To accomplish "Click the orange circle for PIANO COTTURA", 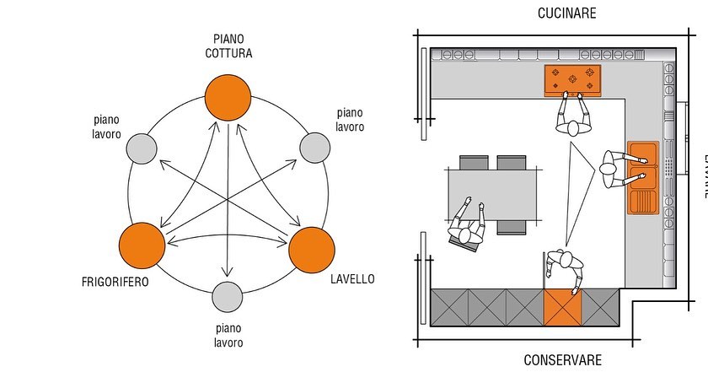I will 228,96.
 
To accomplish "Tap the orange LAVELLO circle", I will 313,248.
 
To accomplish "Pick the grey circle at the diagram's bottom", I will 227,297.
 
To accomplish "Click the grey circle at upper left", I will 142,149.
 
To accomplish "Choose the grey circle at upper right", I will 314,147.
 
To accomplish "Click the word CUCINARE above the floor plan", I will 566,13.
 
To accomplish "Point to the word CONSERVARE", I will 563,360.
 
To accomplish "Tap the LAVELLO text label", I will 353,278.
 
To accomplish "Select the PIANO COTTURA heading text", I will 228,46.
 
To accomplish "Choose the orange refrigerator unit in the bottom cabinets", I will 562,307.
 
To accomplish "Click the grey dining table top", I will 493,194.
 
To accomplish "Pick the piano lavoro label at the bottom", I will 228,336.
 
